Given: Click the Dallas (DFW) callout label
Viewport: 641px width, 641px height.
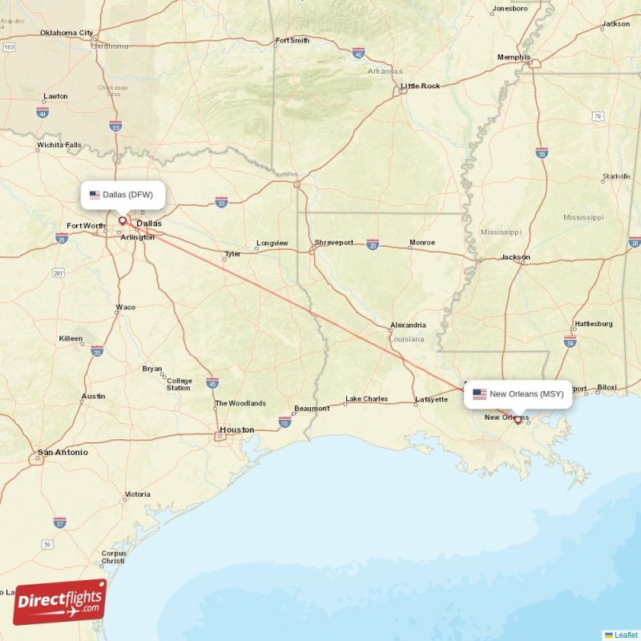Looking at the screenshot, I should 123,195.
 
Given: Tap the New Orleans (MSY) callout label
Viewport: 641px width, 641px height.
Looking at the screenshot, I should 518,393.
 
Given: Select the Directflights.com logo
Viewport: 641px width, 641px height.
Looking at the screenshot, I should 59,601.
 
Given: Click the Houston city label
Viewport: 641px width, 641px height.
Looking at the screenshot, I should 236,430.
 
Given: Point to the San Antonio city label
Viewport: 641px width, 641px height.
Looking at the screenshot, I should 62,453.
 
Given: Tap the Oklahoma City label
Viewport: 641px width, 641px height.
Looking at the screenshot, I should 67,33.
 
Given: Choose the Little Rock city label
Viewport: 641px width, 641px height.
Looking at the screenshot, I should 421,86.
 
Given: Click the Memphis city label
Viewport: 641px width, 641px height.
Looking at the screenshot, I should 514,58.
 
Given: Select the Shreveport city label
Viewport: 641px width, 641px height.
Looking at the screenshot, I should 334,242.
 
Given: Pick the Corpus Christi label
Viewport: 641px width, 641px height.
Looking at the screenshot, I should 114,557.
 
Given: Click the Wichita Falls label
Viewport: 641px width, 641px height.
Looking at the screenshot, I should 59,145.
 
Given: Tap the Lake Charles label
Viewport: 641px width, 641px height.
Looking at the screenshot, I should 366,399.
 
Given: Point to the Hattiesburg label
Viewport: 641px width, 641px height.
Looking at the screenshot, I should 593,324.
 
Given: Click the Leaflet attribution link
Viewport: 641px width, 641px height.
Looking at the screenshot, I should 626,635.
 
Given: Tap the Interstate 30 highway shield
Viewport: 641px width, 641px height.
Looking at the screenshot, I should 222,201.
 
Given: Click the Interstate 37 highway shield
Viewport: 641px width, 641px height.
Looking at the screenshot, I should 60,522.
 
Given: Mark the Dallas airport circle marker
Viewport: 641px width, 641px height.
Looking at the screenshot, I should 123,220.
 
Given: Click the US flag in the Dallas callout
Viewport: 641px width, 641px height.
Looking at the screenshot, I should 95,195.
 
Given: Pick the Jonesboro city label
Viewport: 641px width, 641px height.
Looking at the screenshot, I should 510,9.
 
